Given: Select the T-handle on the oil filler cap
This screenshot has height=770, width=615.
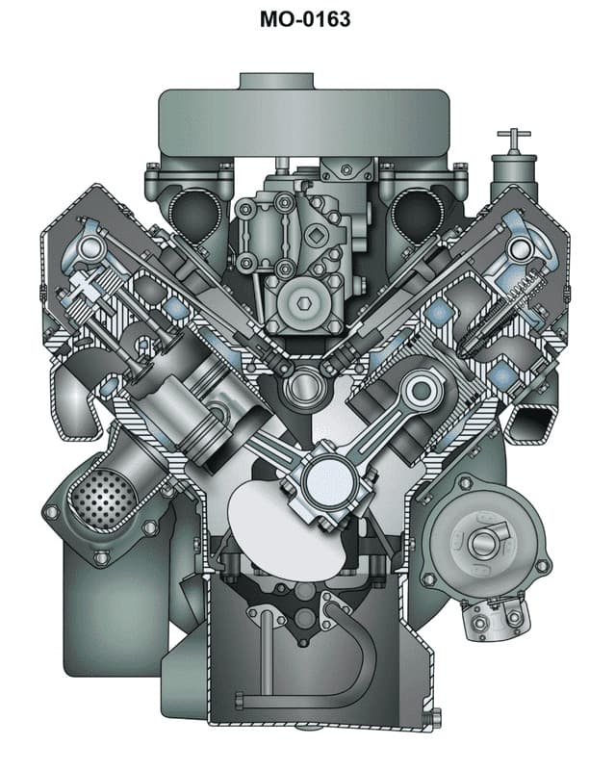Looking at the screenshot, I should (x=512, y=138).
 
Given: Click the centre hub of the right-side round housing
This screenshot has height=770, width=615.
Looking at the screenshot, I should (x=478, y=545).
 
